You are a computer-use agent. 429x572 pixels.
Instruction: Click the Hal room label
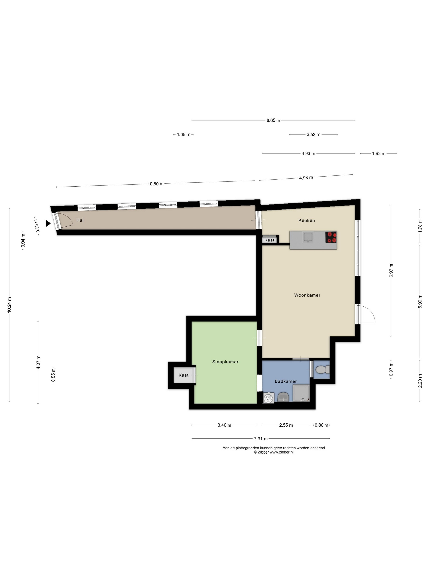tap(80, 220)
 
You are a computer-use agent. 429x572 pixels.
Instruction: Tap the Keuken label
tap(306, 221)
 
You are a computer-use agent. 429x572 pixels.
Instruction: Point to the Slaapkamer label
tap(225, 362)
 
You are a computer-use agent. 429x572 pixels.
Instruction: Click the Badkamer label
tap(285, 381)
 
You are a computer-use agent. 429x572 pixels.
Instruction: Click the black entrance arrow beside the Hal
tap(48, 223)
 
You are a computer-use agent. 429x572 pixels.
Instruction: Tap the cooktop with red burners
tap(331, 237)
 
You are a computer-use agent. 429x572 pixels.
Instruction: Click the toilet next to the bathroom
tap(322, 370)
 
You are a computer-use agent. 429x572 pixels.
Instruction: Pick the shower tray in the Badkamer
tap(301, 393)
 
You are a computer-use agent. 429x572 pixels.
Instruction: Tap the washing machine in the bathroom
tap(269, 398)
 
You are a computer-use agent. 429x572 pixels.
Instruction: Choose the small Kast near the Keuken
tap(269, 240)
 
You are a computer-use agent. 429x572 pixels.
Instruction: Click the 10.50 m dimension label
tap(155, 184)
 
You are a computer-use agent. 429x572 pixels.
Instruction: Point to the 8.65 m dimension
tap(273, 120)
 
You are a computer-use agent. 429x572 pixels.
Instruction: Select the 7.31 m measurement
tap(261, 439)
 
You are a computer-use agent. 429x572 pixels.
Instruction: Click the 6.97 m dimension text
tap(391, 270)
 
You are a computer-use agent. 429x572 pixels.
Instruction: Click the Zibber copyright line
tap(274, 452)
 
